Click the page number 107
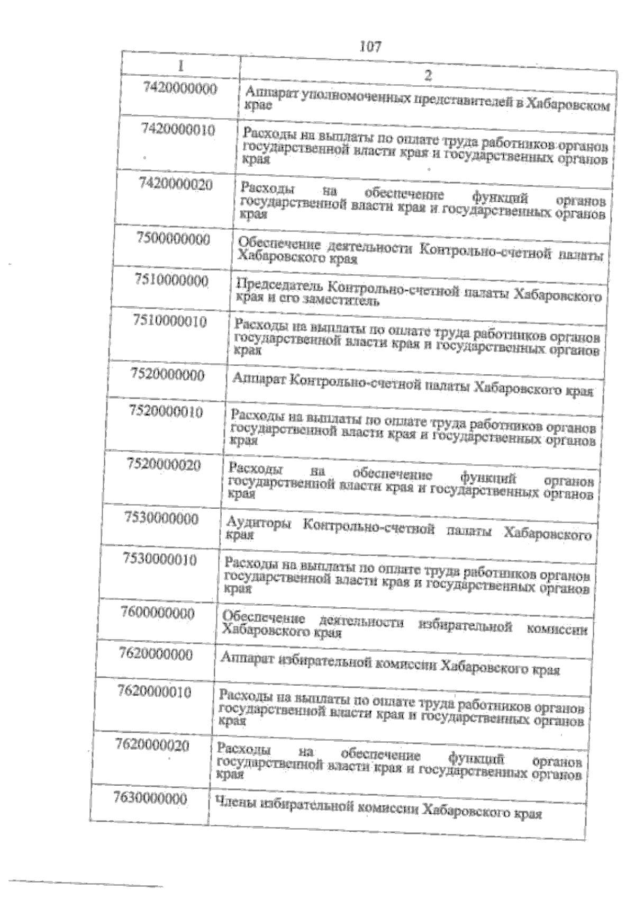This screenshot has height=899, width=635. point(370,47)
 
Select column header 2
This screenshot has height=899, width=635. point(428,75)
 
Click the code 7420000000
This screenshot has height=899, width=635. point(180,88)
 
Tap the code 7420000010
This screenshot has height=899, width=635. point(178,129)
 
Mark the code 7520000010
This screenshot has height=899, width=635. point(166,411)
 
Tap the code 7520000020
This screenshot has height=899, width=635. point(164,465)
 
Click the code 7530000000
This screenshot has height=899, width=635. point(161,518)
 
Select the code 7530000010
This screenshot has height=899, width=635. point(160,559)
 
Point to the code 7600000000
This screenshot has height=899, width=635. point(158,613)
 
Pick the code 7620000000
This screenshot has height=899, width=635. point(156,654)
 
